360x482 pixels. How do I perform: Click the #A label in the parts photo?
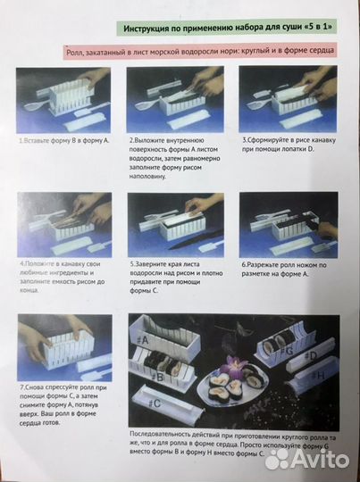click(144, 339)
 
